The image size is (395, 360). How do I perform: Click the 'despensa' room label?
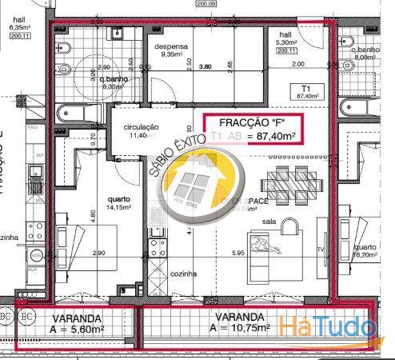171,46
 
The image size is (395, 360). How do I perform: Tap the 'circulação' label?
141,128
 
